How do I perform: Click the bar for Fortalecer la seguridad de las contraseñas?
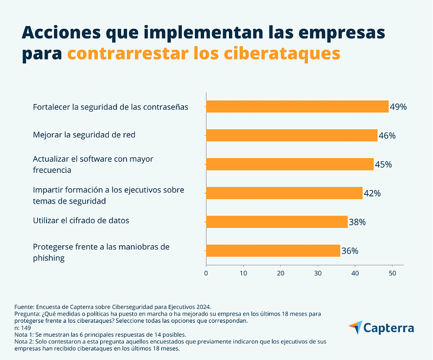coord(297,107)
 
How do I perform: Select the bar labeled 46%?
coord(292,135)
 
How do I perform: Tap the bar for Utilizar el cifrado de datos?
coord(277,222)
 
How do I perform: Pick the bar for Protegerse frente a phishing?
coord(273,251)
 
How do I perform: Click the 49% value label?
coord(398,107)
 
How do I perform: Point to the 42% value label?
coord(372,193)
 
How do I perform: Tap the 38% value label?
coord(357,222)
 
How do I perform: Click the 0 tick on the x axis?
coord(206,273)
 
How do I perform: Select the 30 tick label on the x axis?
coord(318,273)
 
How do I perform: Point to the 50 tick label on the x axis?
coord(392,273)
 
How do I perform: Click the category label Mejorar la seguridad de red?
coord(84,135)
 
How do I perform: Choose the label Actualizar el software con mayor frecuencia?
coord(93,165)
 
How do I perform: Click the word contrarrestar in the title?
coord(128,53)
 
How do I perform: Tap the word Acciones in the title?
coord(61,32)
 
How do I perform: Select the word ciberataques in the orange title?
coord(282,53)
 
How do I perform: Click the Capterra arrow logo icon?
coord(356,328)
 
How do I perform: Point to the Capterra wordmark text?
coord(389,328)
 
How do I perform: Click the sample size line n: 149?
coord(23,328)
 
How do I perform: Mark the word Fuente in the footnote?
coord(24,307)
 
